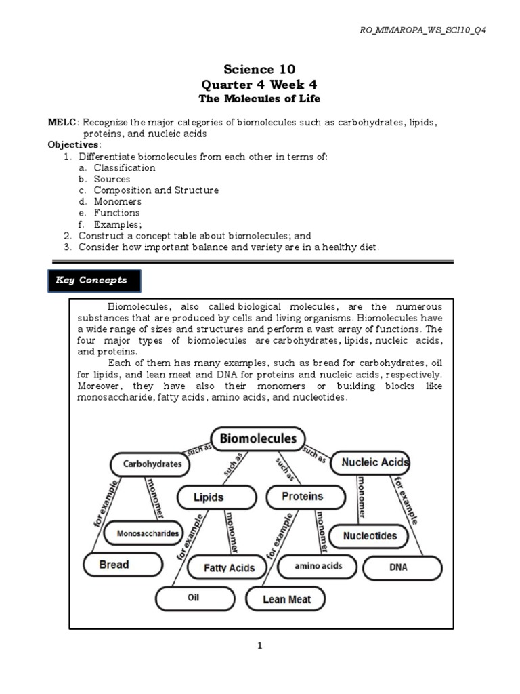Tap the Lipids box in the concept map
coord(209,497)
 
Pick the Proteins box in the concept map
coord(302,497)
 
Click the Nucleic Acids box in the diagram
coord(374,463)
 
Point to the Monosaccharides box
coord(147,533)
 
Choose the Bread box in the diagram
coord(123,564)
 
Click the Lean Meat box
coord(286,599)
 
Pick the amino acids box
coord(319,565)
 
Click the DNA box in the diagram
coord(399,567)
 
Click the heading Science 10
coord(259,69)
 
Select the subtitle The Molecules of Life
coord(259,99)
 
